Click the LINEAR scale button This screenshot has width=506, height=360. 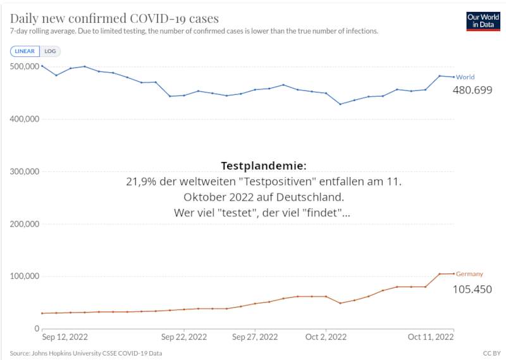(25, 51)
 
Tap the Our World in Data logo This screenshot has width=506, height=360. (483, 21)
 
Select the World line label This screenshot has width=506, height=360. (465, 77)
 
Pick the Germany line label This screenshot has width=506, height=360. (469, 274)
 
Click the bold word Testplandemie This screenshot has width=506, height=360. (263, 166)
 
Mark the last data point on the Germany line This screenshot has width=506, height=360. (454, 273)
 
